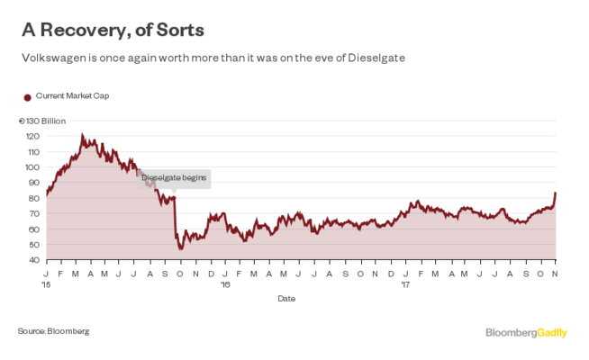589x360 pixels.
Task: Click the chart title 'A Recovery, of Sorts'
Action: pyautogui.click(x=113, y=30)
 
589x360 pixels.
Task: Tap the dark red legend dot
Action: pyautogui.click(x=27, y=96)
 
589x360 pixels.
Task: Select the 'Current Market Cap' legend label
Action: pyautogui.click(x=72, y=95)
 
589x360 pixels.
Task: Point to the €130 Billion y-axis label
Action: pyautogui.click(x=41, y=121)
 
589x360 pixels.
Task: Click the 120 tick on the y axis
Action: pyautogui.click(x=32, y=136)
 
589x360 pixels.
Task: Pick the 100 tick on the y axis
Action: pyautogui.click(x=32, y=167)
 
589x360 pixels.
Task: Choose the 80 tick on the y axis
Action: pyautogui.click(x=34, y=198)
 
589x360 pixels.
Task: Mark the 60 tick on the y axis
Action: pyautogui.click(x=34, y=229)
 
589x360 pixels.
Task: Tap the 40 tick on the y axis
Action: pyautogui.click(x=34, y=260)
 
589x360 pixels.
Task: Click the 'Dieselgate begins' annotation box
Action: pyautogui.click(x=175, y=178)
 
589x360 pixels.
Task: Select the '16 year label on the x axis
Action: pyautogui.click(x=226, y=283)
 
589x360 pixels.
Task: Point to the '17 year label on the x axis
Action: pyautogui.click(x=405, y=283)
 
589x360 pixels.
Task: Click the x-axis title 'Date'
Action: pyautogui.click(x=285, y=298)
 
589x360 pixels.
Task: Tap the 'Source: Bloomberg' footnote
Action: pyautogui.click(x=53, y=331)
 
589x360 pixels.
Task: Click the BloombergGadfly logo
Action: pyautogui.click(x=526, y=332)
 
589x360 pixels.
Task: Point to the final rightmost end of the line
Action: pyautogui.click(x=556, y=192)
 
